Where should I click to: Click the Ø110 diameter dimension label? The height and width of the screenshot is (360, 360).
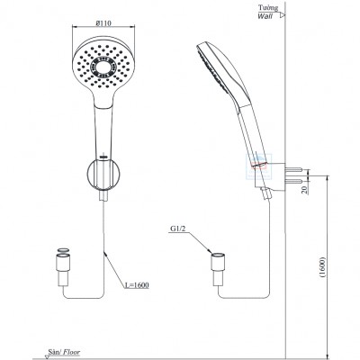[103, 23]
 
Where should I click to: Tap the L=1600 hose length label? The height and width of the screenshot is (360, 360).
[137, 285]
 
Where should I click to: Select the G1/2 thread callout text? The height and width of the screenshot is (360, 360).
[178, 229]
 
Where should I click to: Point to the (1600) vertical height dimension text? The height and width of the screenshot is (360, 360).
[322, 266]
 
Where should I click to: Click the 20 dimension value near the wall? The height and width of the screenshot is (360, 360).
[305, 190]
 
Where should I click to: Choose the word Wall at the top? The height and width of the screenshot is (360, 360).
[265, 16]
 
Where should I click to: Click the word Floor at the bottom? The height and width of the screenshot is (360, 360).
[71, 352]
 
